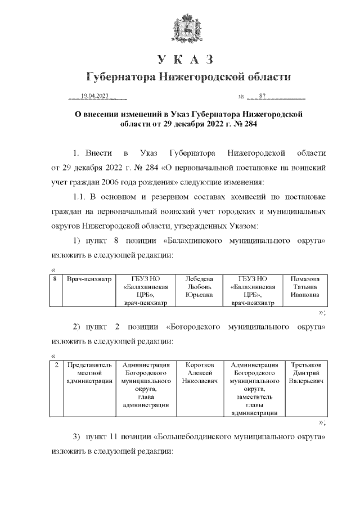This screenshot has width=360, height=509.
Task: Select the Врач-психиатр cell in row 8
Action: click(89, 278)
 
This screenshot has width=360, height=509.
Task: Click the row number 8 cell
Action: click(55, 278)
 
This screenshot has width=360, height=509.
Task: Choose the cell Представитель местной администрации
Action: click(89, 373)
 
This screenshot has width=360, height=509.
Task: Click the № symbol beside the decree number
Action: click(242, 96)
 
